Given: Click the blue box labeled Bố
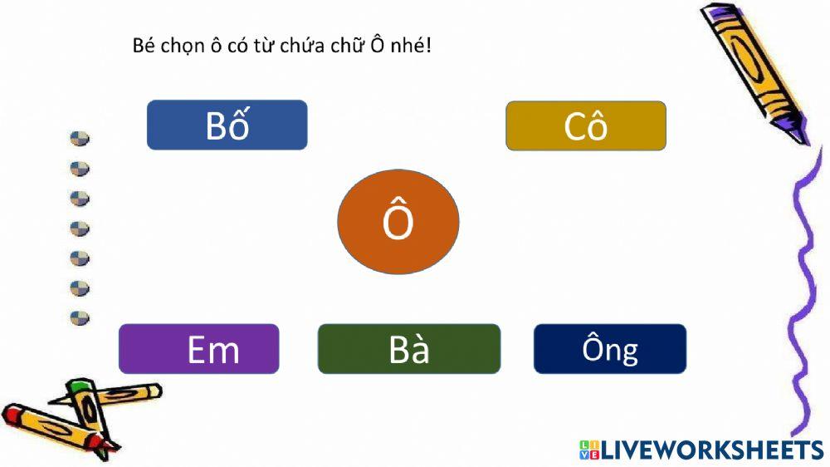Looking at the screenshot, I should pyautogui.click(x=227, y=125).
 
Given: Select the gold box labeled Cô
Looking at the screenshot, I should pyautogui.click(x=585, y=126).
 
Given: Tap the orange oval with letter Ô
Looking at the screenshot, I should pyautogui.click(x=398, y=223).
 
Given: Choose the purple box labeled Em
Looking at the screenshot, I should pyautogui.click(x=198, y=349).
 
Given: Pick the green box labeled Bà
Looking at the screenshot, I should pyautogui.click(x=409, y=349).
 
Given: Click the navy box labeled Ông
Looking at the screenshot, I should pyautogui.click(x=609, y=349).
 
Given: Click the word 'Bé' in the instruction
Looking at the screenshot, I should pyautogui.click(x=144, y=46).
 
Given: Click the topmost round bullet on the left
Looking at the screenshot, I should pyautogui.click(x=80, y=139).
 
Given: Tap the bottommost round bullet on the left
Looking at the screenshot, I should pyautogui.click(x=80, y=317).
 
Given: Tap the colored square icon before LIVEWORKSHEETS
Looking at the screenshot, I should pyautogui.click(x=588, y=450).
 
